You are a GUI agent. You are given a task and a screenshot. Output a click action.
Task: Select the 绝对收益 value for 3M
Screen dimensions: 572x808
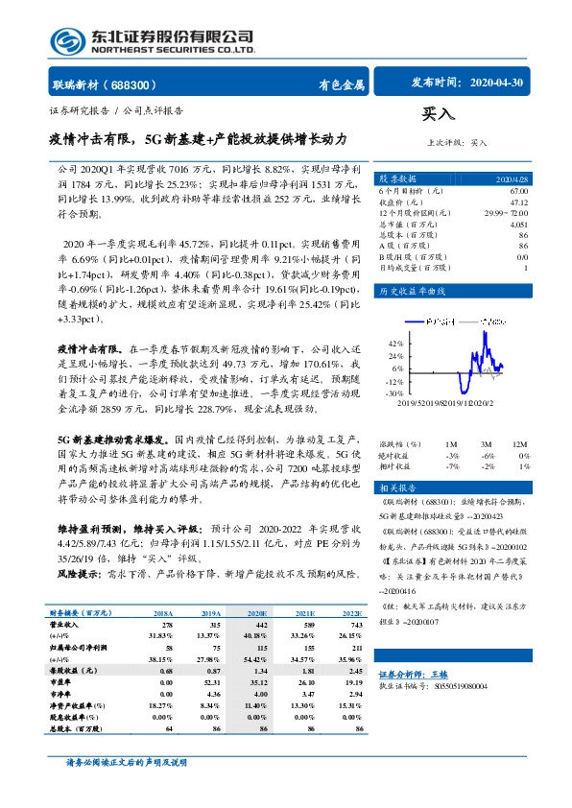pyautogui.click(x=489, y=455)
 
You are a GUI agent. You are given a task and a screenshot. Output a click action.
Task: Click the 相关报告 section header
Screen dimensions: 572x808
pyautogui.click(x=395, y=487)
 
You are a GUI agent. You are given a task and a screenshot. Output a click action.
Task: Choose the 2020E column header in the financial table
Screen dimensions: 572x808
pyautogui.click(x=254, y=612)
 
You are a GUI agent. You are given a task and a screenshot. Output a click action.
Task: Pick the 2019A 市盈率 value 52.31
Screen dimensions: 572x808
pyautogui.click(x=214, y=681)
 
